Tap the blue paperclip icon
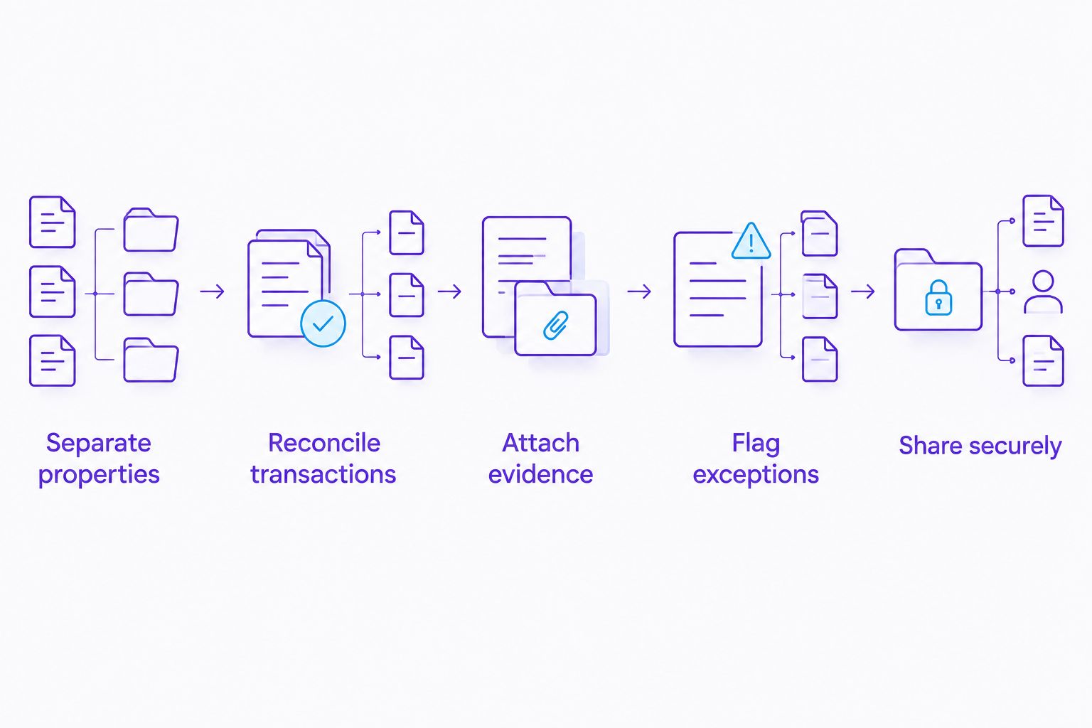click(x=556, y=325)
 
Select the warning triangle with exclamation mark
click(x=751, y=241)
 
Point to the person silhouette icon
click(x=1043, y=291)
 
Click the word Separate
click(x=99, y=443)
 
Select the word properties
click(x=99, y=475)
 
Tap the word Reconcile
click(x=324, y=443)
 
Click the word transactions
click(x=323, y=474)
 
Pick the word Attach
click(x=540, y=443)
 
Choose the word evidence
click(x=540, y=474)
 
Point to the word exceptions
click(x=756, y=475)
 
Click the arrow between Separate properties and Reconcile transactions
click(x=212, y=291)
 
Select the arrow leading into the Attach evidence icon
click(x=449, y=291)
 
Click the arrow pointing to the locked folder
click(x=863, y=291)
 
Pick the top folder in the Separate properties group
click(x=151, y=230)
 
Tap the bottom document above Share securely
click(x=1043, y=361)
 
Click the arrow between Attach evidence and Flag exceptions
click(x=639, y=291)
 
